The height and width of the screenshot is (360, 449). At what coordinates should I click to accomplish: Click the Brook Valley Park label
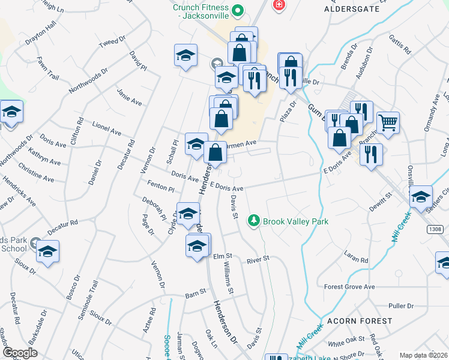296,221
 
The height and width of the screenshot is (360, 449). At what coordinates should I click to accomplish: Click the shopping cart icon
388,123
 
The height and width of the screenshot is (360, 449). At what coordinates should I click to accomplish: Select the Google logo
20,352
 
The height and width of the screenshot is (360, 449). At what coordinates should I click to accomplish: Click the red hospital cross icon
279,5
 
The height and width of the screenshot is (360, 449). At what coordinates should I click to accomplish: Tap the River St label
258,259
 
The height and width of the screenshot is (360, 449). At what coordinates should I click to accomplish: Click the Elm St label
223,256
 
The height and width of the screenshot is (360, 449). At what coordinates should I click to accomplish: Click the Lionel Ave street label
106,128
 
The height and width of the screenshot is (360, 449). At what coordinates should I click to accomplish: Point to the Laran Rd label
356,256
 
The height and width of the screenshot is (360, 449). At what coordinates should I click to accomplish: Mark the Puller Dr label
402,305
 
